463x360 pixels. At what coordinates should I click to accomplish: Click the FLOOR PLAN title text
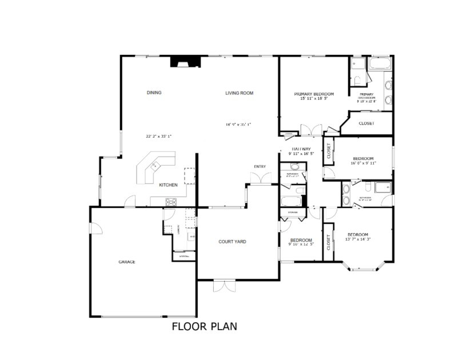204,327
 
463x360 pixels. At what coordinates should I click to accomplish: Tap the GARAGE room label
127,262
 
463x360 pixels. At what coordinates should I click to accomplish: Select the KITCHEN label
168,185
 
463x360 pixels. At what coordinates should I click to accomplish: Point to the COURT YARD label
233,242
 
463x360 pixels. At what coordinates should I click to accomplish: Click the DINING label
154,93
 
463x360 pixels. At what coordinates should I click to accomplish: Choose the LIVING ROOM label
239,93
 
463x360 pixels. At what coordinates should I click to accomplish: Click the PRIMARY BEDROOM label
314,94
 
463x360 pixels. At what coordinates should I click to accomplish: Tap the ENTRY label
260,167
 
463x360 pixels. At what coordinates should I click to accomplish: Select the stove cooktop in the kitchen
170,201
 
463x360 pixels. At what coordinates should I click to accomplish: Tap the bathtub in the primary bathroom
380,63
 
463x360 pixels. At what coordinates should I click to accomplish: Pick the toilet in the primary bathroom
355,80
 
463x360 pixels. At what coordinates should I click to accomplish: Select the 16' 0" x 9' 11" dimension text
363,163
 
